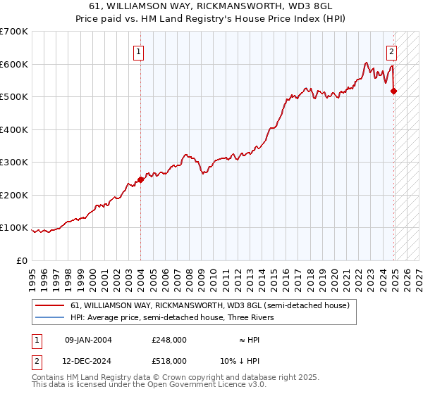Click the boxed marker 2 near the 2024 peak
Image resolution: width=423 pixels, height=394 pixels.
391,51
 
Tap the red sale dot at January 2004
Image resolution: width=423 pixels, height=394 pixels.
140,179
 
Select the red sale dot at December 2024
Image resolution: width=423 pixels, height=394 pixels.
393,91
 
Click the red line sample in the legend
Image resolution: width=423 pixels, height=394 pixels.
50,306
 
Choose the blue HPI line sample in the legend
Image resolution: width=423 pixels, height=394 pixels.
50,317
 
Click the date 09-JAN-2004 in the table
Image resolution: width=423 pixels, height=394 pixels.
88,340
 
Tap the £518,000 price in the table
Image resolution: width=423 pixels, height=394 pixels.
169,360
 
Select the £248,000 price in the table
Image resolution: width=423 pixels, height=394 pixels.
169,340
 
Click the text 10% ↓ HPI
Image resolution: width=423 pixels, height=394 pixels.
240,360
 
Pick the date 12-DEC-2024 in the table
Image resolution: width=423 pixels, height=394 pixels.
88,360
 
